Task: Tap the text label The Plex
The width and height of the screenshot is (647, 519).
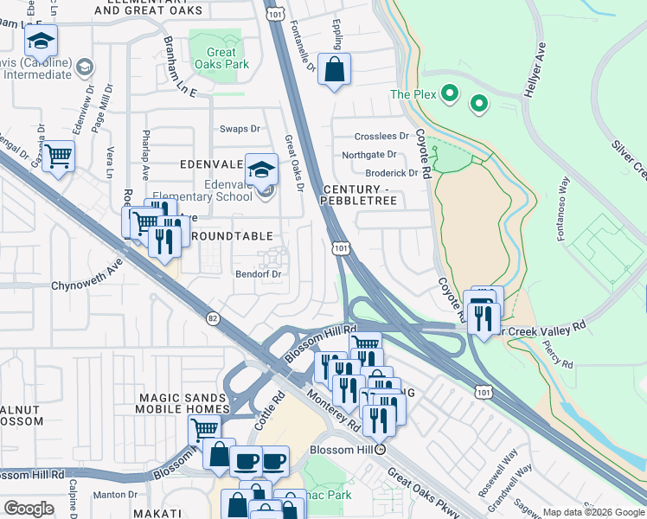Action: tap(411, 94)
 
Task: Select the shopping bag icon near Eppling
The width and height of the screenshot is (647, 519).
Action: tap(334, 70)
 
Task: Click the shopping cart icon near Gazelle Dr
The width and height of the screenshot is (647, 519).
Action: tap(58, 157)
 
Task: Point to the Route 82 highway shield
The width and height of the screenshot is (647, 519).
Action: tap(214, 318)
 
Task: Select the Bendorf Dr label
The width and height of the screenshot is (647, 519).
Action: tap(259, 275)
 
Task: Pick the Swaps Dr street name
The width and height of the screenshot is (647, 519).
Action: tap(240, 129)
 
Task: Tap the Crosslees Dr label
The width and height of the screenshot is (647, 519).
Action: tap(381, 137)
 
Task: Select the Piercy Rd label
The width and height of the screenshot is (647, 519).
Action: tap(560, 353)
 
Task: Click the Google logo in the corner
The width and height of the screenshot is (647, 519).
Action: tap(29, 509)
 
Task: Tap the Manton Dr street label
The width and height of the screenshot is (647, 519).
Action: tap(111, 495)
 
